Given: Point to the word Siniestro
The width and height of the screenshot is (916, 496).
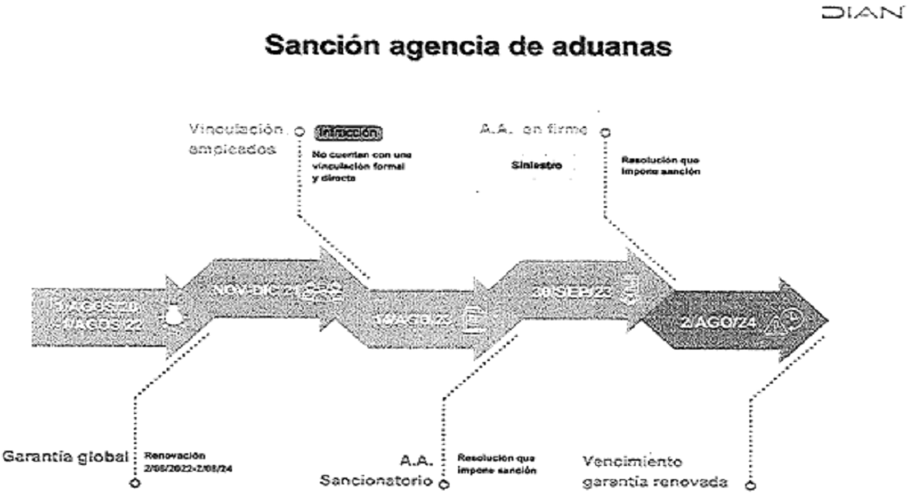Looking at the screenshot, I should pyautogui.click(x=536, y=166).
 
